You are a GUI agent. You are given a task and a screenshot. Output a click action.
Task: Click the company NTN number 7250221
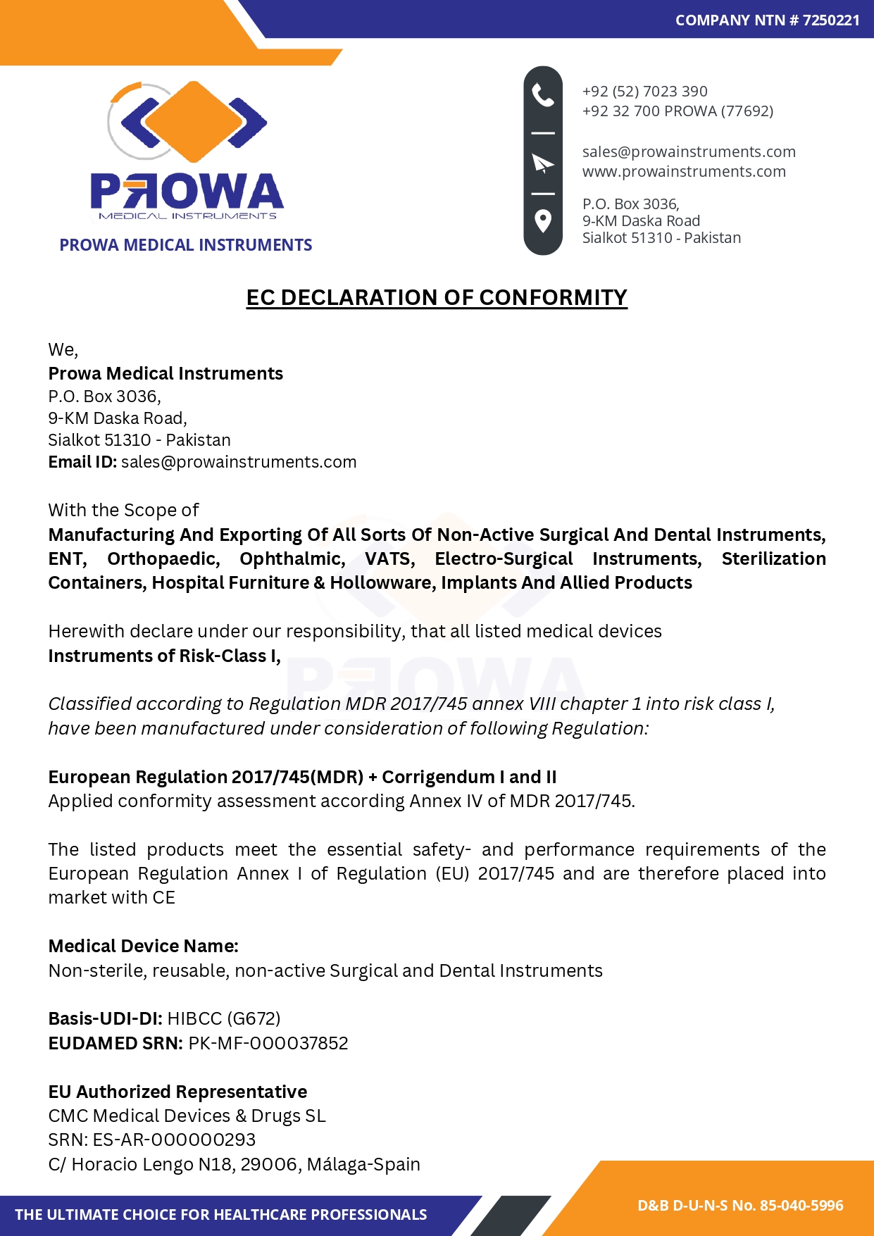pos(831,20)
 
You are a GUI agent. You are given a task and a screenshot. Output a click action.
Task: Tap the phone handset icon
pos(543,94)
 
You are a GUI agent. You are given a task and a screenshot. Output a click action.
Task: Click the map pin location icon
pos(543,220)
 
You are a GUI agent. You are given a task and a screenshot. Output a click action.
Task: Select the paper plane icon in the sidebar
pos(543,163)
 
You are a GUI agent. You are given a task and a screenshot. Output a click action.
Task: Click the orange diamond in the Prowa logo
pos(187,121)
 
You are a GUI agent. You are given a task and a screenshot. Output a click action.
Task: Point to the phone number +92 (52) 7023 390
pos(644,92)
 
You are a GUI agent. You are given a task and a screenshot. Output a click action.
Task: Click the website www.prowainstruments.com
pos(684,172)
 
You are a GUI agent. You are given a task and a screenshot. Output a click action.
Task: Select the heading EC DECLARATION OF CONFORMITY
pos(437,298)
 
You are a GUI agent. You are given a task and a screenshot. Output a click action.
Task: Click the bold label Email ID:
pos(82,462)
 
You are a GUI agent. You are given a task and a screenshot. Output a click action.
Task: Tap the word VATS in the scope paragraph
pos(389,559)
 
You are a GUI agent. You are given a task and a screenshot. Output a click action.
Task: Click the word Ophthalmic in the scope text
pos(292,559)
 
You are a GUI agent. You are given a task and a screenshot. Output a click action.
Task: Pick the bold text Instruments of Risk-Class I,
pos(164,656)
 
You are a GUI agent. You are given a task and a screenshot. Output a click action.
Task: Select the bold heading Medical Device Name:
pos(143,947)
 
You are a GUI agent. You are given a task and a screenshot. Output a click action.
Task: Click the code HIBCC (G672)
pos(224,1019)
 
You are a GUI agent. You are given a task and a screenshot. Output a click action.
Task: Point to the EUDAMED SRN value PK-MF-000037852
pos(268,1044)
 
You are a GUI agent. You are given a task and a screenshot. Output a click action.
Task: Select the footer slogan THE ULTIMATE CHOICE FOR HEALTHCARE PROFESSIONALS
pos(221,1215)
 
